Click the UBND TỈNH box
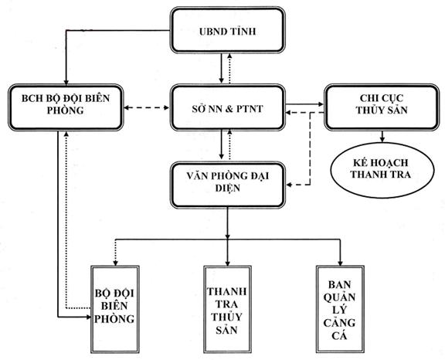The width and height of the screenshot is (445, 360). coord(227,30)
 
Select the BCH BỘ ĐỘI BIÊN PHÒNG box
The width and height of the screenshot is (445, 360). coord(66,107)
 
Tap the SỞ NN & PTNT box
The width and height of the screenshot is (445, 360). coord(227,107)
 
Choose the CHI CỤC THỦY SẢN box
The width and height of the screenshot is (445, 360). coord(382,107)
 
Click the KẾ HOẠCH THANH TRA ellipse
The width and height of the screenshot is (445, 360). coord(382,170)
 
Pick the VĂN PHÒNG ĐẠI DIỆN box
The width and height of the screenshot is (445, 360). coord(227,185)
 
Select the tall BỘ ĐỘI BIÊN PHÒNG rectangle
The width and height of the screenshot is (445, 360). coord(115,309)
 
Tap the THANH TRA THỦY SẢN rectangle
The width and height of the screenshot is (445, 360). coord(227,309)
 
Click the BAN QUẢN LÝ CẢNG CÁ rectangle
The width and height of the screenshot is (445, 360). coord(340,309)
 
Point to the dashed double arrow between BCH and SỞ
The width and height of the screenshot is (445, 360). coord(147,108)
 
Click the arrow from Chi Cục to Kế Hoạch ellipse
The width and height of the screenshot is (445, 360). coord(382,137)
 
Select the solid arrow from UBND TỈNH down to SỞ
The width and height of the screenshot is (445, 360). coord(222,68)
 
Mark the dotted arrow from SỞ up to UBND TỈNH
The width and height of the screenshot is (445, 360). coord(229,68)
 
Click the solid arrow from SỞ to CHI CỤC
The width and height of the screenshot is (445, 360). coord(304,104)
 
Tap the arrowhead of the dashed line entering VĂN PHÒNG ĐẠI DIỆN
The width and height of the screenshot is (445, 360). coord(289,185)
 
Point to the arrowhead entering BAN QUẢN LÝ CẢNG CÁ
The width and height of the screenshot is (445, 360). coord(340,263)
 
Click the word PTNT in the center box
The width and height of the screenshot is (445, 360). coord(249,109)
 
